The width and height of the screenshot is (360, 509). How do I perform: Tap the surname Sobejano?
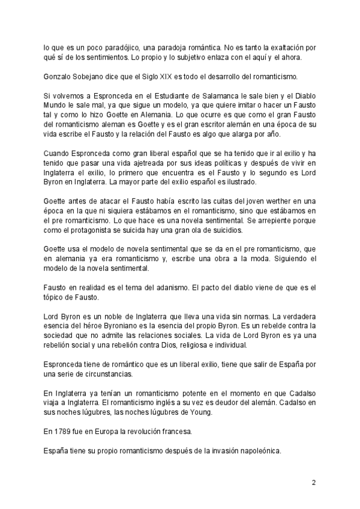[x=97, y=76]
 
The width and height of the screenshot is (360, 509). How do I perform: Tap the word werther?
[x=261, y=202]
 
